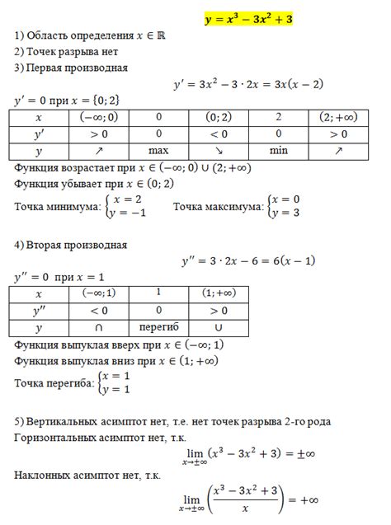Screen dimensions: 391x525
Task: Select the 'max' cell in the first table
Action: [x=158, y=152]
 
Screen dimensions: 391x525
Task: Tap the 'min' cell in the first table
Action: [x=278, y=152]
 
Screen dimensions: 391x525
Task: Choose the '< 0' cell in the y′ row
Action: [x=218, y=134]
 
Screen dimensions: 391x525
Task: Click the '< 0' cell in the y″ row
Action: [x=98, y=311]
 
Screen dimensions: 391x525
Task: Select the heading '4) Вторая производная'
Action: [x=71, y=245]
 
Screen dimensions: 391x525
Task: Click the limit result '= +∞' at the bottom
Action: [x=302, y=499]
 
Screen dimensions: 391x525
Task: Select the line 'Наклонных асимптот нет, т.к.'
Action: [x=87, y=476]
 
